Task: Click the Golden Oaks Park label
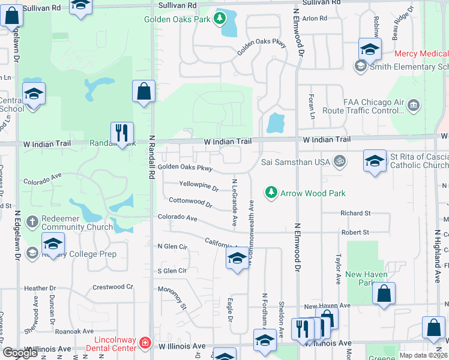[177, 19]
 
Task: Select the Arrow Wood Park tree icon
[271, 193]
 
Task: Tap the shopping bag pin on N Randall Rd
[143, 91]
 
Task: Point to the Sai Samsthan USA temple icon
[339, 162]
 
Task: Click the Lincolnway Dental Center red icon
[145, 343]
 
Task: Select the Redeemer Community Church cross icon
[32, 221]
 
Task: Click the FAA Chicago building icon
[413, 106]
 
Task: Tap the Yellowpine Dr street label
[199, 187]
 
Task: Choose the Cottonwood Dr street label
[191, 203]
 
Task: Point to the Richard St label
[355, 213]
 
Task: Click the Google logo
[20, 353]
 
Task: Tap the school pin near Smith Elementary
[370, 49]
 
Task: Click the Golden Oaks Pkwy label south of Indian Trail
[185, 168]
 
